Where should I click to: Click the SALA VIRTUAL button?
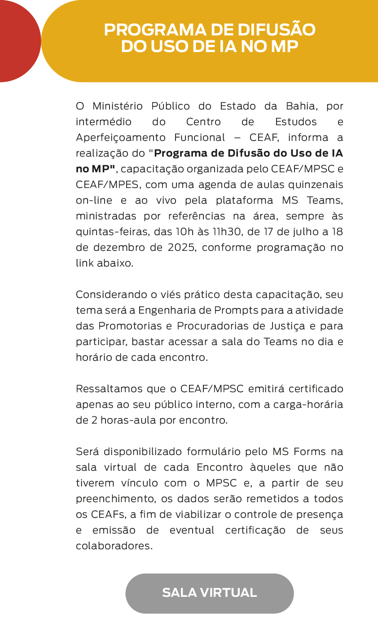209,593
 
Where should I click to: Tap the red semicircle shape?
18,41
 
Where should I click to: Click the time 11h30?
229,232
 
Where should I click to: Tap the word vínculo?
136,483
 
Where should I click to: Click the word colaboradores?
114,546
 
